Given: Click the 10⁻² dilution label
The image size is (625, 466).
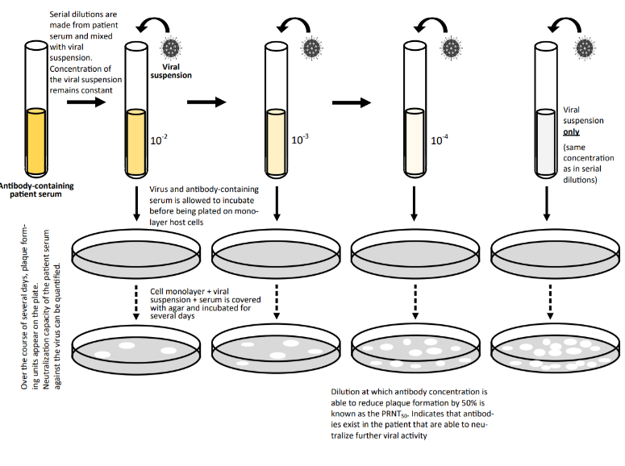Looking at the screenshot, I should (x=159, y=139).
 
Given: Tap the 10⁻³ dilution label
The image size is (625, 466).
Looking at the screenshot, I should (x=300, y=139).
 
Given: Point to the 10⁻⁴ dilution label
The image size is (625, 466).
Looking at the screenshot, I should (x=440, y=139).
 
